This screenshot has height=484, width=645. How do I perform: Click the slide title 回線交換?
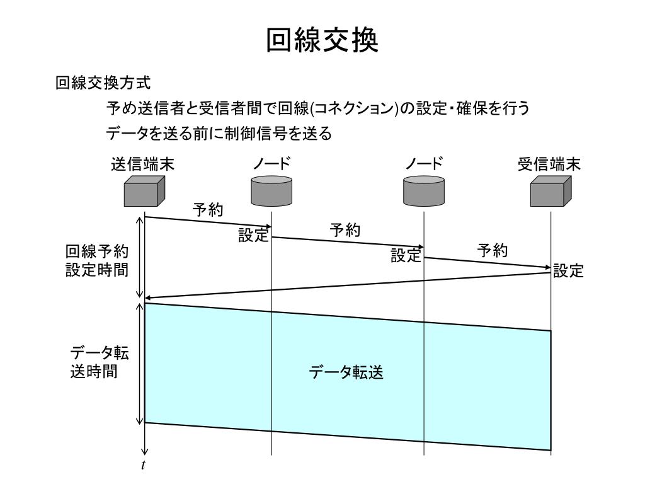(x=322, y=40)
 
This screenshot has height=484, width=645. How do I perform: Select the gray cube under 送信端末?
(x=144, y=192)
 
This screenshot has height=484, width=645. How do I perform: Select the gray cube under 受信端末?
(x=550, y=192)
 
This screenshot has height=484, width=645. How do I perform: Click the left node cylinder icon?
(x=271, y=191)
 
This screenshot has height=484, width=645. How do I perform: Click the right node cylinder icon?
(x=423, y=191)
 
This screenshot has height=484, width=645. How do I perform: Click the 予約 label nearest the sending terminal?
(x=208, y=210)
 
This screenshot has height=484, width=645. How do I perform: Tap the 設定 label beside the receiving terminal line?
(x=568, y=271)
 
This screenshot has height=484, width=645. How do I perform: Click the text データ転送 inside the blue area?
(x=346, y=373)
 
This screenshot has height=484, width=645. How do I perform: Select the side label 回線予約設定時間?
(x=97, y=261)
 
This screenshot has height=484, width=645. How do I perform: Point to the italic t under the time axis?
(x=144, y=466)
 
